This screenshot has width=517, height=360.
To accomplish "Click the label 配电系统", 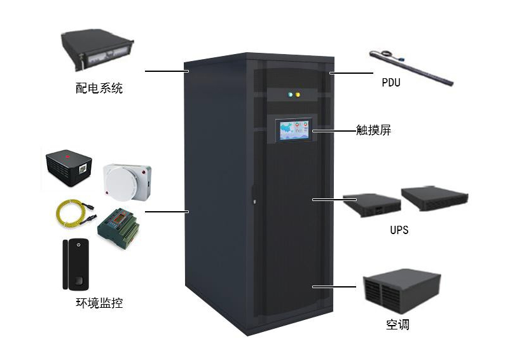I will point(99,88).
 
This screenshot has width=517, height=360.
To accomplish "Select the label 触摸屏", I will point(373,131).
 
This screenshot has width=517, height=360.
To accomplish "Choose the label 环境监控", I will point(99,303).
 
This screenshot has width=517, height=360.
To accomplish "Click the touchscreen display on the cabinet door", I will point(293,131).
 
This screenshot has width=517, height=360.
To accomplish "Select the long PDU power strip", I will point(411,67).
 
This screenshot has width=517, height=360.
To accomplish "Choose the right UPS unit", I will point(435,197).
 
